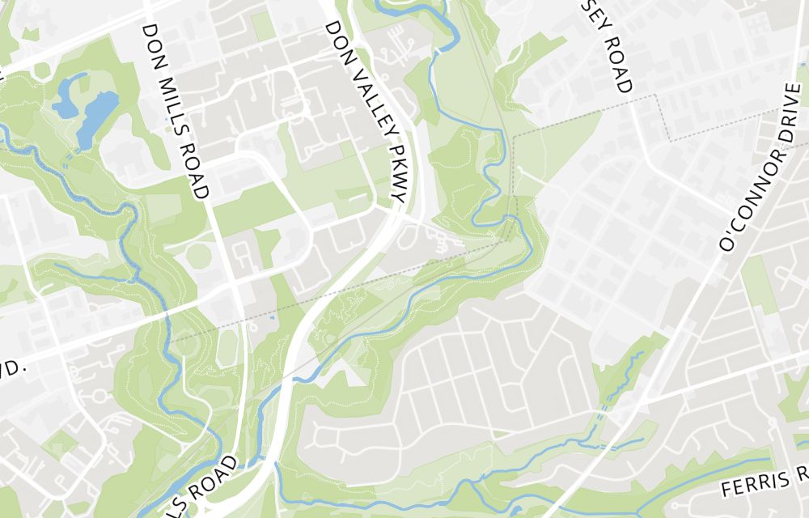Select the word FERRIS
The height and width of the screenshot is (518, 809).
(755, 484)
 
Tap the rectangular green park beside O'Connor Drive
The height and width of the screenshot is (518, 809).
(760, 283)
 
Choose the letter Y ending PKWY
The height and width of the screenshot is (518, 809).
(398, 195)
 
